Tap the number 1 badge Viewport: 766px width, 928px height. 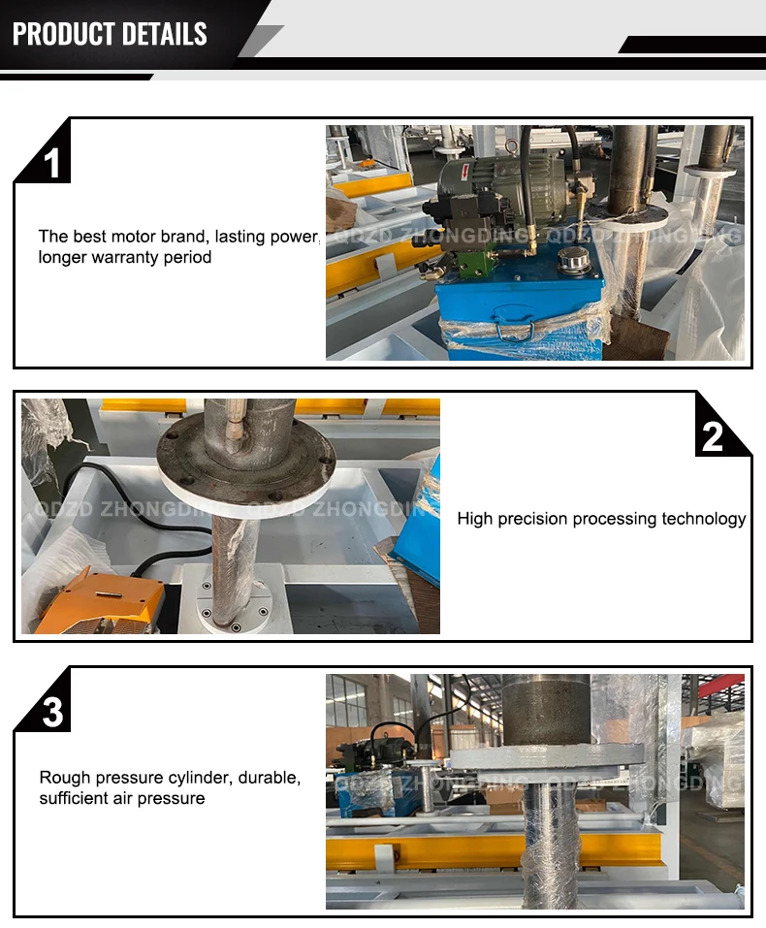[x=52, y=163]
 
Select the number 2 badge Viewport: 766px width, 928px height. [x=712, y=436]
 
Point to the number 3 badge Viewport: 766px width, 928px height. [x=52, y=712]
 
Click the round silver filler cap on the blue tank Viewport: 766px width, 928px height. [x=574, y=261]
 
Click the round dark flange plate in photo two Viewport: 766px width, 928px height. [x=246, y=456]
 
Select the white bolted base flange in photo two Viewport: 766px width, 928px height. [x=235, y=596]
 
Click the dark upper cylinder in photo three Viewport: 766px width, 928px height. [x=547, y=710]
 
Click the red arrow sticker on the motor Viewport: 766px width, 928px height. [x=465, y=172]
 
